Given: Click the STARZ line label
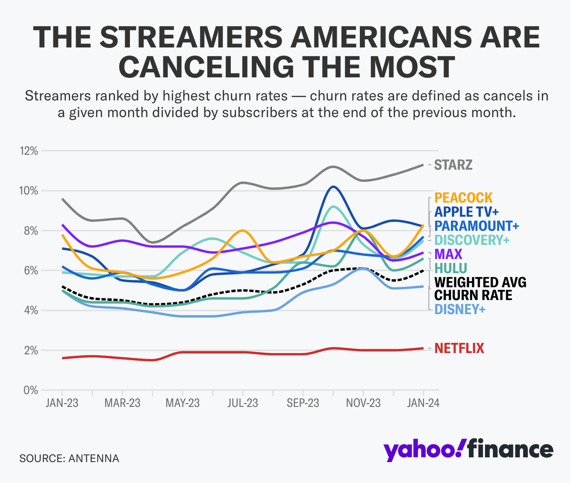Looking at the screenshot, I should (x=453, y=165).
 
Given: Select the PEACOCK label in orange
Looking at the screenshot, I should (x=463, y=198).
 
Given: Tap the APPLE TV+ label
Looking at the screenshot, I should (x=466, y=212).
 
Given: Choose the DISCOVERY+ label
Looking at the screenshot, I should (x=472, y=240).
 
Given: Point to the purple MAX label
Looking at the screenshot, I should (x=448, y=254).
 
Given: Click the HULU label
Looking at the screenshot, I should (x=450, y=268).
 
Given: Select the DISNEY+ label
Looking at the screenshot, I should (x=460, y=309).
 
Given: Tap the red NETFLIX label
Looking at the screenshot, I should (x=459, y=348).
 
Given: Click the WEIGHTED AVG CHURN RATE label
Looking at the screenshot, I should (x=480, y=289).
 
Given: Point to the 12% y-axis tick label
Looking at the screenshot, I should (x=28, y=151).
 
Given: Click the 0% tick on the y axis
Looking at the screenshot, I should (x=31, y=390).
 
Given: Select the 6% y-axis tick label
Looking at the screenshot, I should (x=30, y=271).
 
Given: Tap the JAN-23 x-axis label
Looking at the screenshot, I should (x=62, y=403).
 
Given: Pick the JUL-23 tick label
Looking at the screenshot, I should (x=243, y=403).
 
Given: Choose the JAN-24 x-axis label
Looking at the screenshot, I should (x=423, y=403).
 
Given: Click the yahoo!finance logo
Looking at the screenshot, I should (x=468, y=450).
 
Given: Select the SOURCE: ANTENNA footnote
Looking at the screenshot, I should (x=69, y=459).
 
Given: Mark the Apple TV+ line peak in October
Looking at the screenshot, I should (x=333, y=187).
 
